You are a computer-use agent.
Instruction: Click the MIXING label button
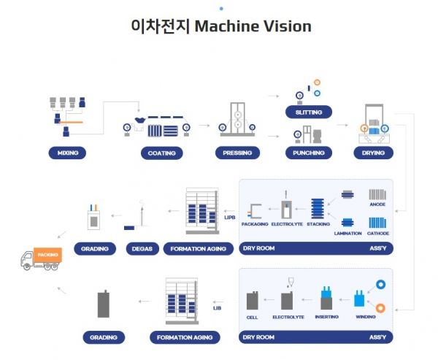tap(67, 153)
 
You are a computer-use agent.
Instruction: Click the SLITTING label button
tap(309, 112)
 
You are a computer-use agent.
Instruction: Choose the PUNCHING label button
tap(309, 153)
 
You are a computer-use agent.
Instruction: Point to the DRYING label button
tap(373, 153)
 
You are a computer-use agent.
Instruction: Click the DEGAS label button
tap(142, 248)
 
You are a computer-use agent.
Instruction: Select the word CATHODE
tap(377, 233)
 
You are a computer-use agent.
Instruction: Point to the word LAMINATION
tap(348, 233)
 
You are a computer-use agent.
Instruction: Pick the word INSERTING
tap(326, 316)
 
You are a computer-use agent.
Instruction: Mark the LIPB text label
tap(228, 218)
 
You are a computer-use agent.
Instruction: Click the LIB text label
tap(217, 308)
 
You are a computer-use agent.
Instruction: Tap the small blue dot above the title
tap(221, 7)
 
